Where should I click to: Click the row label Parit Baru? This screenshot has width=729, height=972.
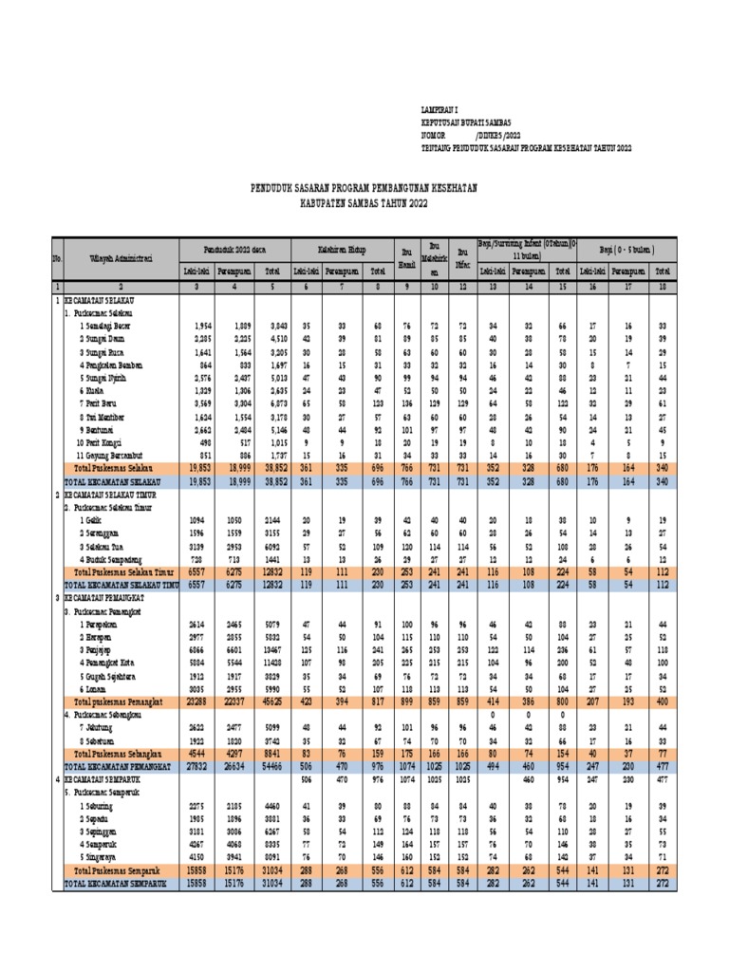pyautogui.click(x=100, y=403)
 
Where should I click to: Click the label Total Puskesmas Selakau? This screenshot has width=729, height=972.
pyautogui.click(x=117, y=469)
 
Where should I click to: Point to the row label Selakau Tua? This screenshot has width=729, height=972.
pyautogui.click(x=103, y=548)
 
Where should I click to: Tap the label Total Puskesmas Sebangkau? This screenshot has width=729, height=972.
pyautogui.click(x=121, y=752)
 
